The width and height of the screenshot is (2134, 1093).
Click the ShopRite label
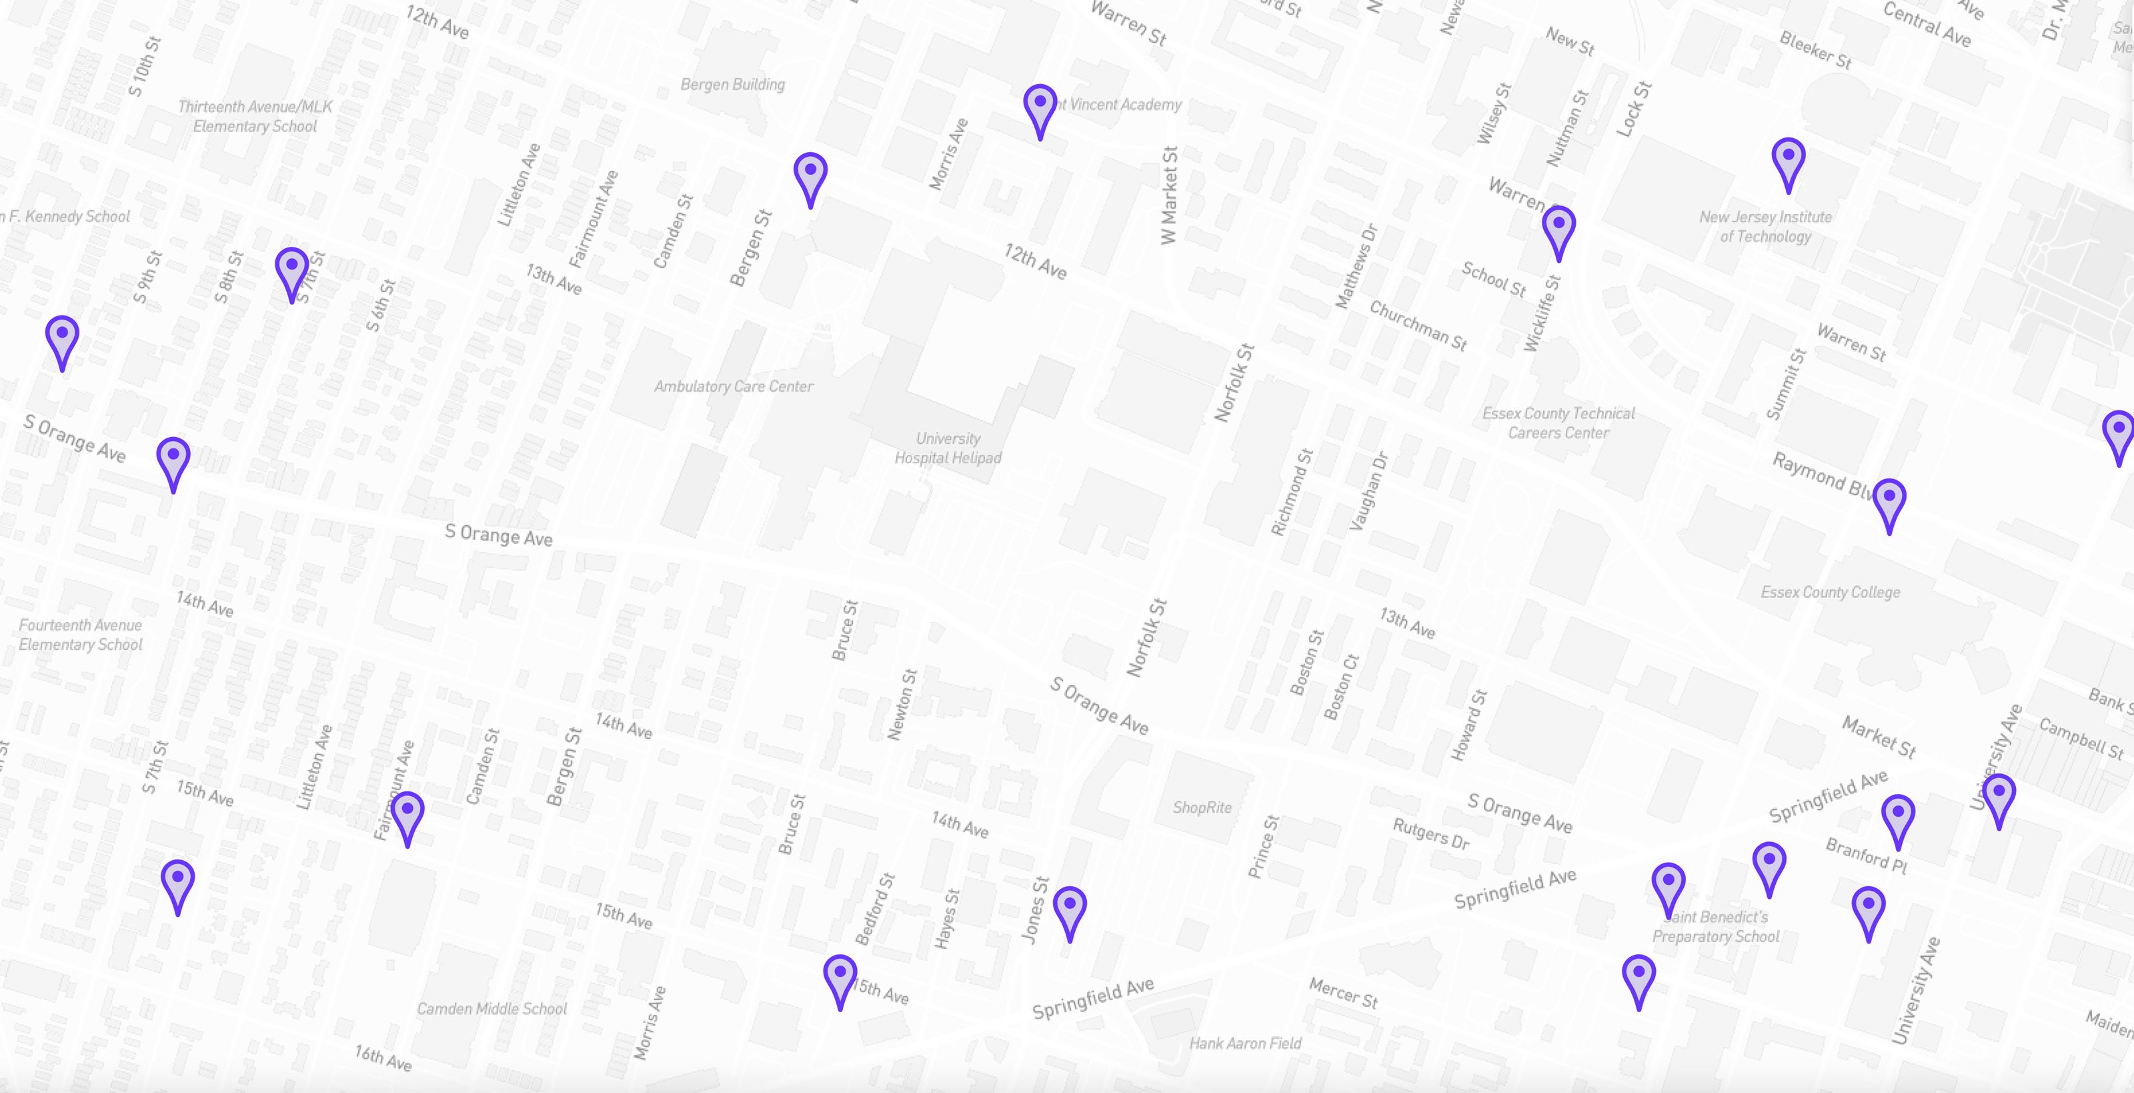[x=1202, y=807]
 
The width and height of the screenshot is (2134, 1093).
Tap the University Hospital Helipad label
[x=948, y=448]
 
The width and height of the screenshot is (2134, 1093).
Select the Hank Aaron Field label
[x=1245, y=1043]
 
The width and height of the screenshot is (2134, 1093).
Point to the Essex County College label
[x=1830, y=593]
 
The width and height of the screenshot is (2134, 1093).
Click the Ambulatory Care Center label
[x=733, y=386]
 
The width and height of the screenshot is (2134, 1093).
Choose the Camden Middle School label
[x=491, y=1008]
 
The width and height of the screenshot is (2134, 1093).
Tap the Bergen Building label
[x=732, y=85]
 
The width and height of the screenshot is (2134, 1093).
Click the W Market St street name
[x=1169, y=196]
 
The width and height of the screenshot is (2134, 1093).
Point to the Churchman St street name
[x=1417, y=326]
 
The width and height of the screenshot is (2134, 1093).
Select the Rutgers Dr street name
[x=1430, y=833]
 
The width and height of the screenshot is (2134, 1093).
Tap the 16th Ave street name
[x=383, y=1058]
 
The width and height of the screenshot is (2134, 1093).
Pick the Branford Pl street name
[x=1867, y=855]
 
